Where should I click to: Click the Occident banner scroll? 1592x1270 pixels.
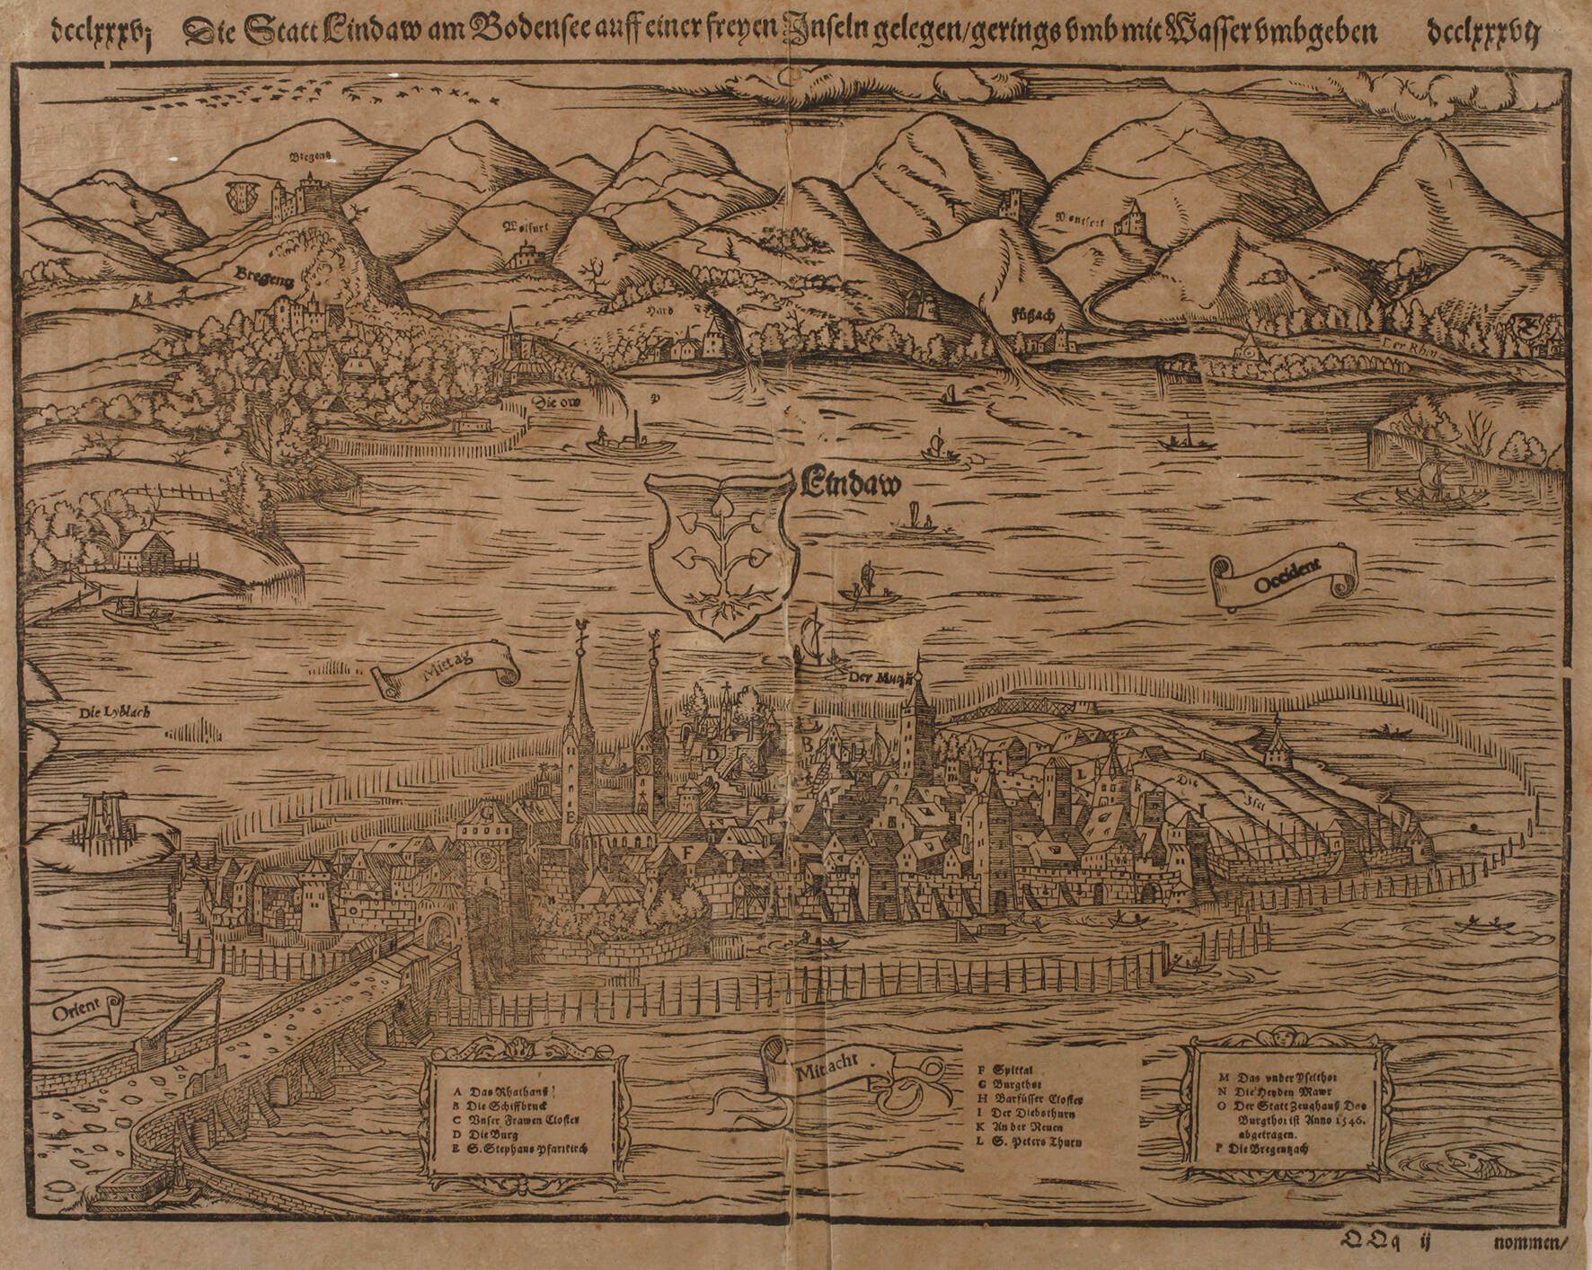1282,582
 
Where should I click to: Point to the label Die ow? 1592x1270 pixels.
558,403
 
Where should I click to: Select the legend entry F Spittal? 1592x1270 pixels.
1012,1070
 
